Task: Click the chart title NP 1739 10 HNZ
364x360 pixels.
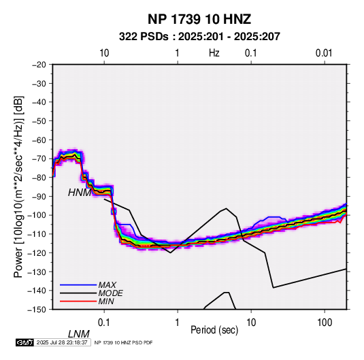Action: [199, 19]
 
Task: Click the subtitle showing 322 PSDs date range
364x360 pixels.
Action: [199, 37]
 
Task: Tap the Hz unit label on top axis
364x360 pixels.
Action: [214, 53]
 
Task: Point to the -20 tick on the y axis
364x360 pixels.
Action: [39, 65]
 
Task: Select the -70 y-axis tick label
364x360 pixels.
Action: [39, 159]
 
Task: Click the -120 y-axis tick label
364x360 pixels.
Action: [37, 252]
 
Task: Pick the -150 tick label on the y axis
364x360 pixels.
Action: [37, 310]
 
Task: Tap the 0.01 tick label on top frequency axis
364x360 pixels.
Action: [324, 53]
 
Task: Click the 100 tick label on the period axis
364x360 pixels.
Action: [325, 323]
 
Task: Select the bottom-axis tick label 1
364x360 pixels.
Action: [178, 323]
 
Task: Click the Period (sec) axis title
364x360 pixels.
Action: [214, 330]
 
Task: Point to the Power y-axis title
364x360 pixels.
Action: [18, 187]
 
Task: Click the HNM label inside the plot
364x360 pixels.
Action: [80, 193]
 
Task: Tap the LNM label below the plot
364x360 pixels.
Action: [78, 334]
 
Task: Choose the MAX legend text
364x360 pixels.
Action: [107, 285]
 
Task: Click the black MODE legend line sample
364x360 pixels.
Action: [78, 293]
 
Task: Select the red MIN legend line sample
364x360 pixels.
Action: [78, 301]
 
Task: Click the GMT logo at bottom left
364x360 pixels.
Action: [25, 342]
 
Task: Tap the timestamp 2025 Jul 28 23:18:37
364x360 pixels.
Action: [62, 342]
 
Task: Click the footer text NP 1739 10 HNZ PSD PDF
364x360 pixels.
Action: [124, 342]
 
